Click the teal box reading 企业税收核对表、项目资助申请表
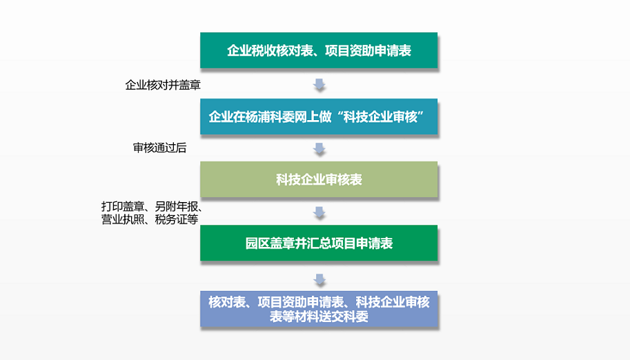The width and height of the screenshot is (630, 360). (319, 50)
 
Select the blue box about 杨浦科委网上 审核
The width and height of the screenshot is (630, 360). (319, 117)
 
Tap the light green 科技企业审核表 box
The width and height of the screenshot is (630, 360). (319, 179)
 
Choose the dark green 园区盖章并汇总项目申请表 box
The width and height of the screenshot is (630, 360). (319, 243)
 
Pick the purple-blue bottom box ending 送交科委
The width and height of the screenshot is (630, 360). (319, 309)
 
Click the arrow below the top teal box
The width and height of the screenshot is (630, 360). (319, 84)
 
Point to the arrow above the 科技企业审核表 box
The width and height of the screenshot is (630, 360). (319, 148)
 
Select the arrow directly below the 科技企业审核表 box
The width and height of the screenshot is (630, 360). (319, 212)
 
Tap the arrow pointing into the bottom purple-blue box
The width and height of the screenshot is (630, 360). (319, 279)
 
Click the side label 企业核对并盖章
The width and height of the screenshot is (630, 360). (163, 85)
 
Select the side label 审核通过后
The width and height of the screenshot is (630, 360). (159, 148)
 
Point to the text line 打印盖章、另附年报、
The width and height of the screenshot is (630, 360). (152, 206)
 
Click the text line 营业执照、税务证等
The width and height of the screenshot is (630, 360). (150, 219)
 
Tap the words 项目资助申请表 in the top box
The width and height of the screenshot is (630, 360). (368, 50)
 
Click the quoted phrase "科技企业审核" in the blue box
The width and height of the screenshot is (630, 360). (380, 117)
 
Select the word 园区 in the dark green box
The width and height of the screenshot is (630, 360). (257, 243)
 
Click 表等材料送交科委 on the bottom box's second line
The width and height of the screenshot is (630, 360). (319, 317)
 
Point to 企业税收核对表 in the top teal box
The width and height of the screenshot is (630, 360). (270, 50)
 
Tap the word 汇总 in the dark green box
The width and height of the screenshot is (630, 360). (319, 243)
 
